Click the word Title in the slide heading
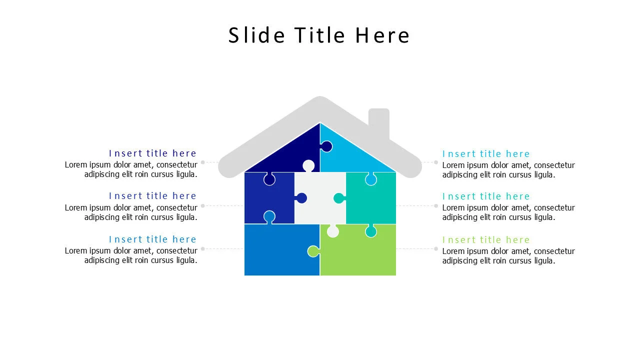point(319,35)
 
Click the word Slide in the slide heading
point(257,35)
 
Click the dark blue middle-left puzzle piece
point(267,200)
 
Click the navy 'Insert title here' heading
point(152,153)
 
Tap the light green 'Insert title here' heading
point(485,240)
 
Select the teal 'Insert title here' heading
point(485,196)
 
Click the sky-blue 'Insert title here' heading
point(485,154)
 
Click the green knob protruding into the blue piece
point(313,251)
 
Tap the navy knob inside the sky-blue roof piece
point(326,146)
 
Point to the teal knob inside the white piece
point(339,198)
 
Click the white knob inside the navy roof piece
point(308,165)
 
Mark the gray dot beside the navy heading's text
point(202,162)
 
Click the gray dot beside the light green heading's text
point(436,248)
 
